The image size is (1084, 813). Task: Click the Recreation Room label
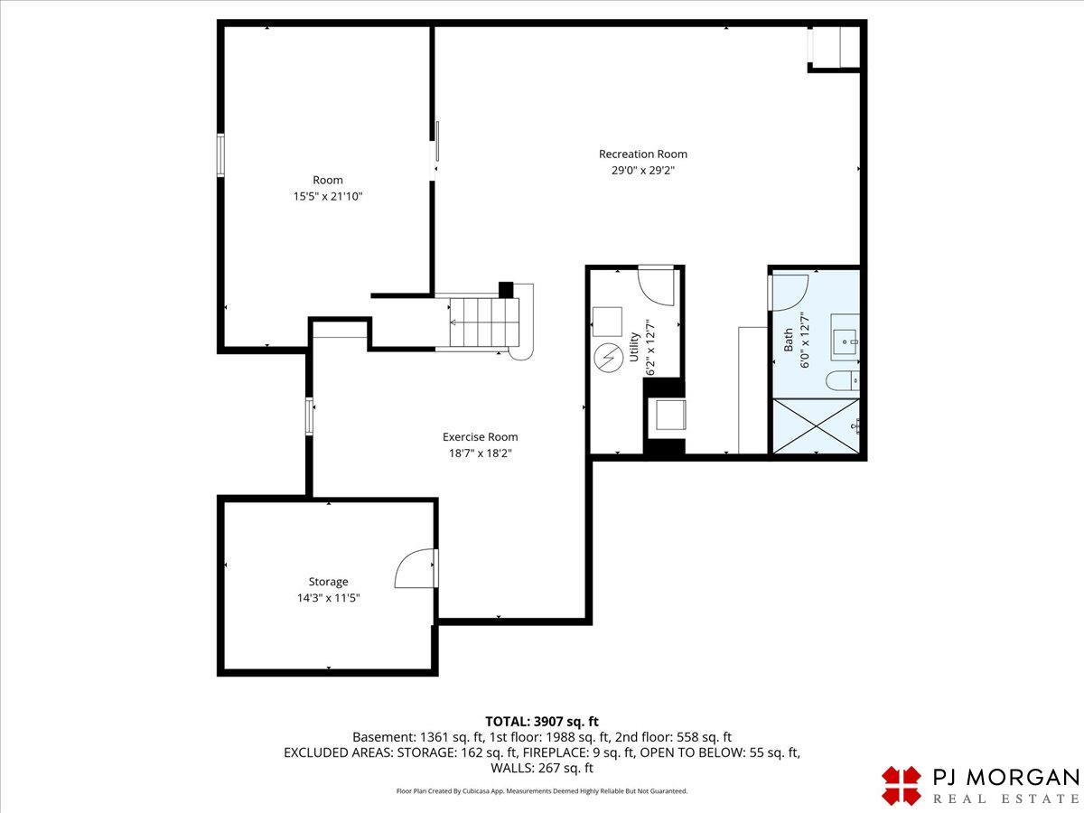(x=643, y=154)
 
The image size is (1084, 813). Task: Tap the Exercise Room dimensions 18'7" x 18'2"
(x=480, y=453)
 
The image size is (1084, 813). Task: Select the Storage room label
(x=329, y=582)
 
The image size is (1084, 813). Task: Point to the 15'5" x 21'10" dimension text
(x=328, y=196)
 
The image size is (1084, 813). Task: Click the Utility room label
(x=635, y=347)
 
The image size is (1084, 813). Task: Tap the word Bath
(x=789, y=341)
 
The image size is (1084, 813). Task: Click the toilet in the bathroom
(x=843, y=381)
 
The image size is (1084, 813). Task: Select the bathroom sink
(x=845, y=337)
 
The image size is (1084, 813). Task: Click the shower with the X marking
(x=816, y=425)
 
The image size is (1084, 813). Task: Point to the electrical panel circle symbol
(x=609, y=358)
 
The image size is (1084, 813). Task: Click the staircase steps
(x=484, y=322)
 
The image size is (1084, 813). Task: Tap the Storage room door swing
(x=415, y=568)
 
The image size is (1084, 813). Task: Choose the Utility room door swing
(x=656, y=285)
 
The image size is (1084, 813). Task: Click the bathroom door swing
(x=789, y=293)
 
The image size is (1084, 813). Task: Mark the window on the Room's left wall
(x=220, y=155)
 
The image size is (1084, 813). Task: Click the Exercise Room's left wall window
(x=309, y=416)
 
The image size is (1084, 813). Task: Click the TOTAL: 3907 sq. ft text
(x=542, y=722)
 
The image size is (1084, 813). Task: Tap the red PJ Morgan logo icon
(x=902, y=785)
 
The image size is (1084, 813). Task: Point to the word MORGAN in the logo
(x=1023, y=778)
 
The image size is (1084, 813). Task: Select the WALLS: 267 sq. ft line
(x=542, y=768)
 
